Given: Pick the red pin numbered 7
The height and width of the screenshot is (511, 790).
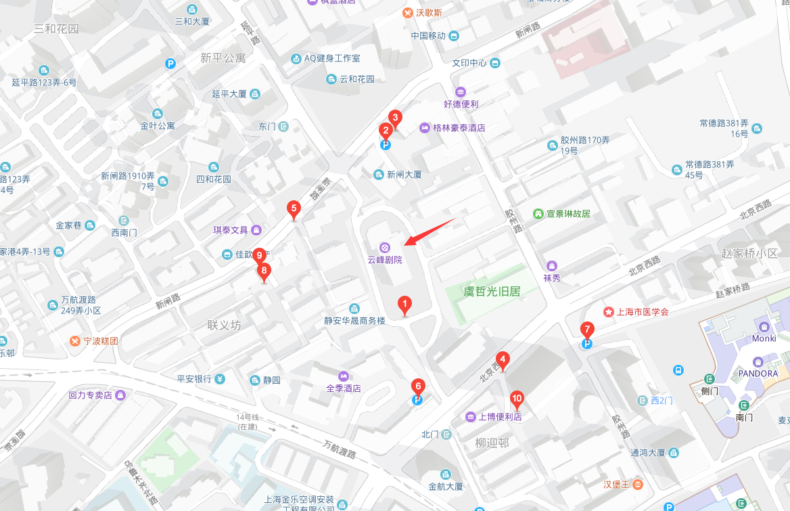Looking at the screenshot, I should (x=587, y=331).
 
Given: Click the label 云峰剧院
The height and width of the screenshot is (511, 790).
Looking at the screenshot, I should (x=384, y=259).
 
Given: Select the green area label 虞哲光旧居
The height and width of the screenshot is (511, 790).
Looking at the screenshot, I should (x=491, y=292).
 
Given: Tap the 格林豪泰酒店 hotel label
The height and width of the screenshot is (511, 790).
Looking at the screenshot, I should (x=459, y=128).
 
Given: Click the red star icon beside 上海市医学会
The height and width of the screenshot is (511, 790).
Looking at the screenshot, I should (x=609, y=312).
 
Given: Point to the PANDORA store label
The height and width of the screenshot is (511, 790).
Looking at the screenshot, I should (x=757, y=373).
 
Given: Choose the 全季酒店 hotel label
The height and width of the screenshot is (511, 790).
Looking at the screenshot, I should (x=344, y=388).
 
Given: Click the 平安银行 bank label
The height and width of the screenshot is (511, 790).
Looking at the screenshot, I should (x=194, y=379).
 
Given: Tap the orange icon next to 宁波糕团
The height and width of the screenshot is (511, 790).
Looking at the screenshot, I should (x=75, y=340).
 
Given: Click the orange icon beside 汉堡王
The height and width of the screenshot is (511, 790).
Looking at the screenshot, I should (x=638, y=484).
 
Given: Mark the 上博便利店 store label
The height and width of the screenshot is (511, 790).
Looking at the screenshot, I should (x=500, y=416).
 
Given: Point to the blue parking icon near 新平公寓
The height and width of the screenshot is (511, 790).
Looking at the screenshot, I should (x=170, y=64).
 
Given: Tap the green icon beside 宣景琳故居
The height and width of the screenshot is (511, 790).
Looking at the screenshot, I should (x=538, y=213).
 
